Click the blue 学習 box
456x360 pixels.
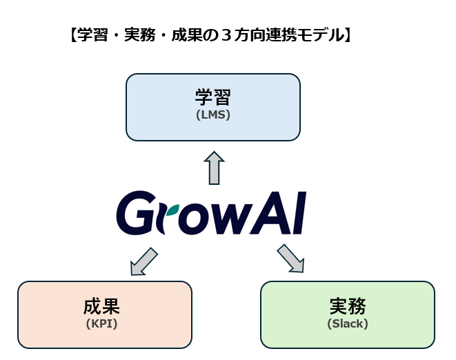click(x=213, y=108)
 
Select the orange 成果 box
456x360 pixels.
click(x=105, y=314)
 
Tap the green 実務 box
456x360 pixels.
click(x=348, y=314)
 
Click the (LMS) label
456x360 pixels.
click(x=213, y=115)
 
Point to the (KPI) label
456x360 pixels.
click(x=102, y=323)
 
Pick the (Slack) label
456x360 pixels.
click(x=348, y=323)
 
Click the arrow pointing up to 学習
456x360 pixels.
click(x=215, y=168)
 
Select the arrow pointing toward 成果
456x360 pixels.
click(x=143, y=261)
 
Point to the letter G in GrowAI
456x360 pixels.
click(x=135, y=213)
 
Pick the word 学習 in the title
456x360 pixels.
click(x=92, y=35)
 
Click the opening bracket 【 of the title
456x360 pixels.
click(x=74, y=35)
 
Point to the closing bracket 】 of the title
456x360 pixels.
click(x=348, y=35)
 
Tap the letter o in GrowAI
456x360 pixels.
click(x=194, y=219)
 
